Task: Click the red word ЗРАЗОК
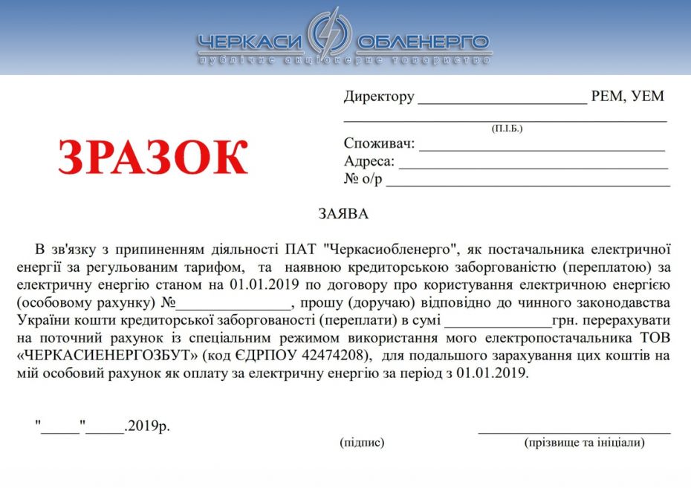[153, 158]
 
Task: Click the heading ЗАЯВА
[343, 214]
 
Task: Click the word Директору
[378, 97]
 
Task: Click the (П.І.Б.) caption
[507, 128]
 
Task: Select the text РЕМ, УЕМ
[627, 97]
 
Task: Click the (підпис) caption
[362, 443]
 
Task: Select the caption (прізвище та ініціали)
[584, 443]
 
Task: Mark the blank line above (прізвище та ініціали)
[574, 431]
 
